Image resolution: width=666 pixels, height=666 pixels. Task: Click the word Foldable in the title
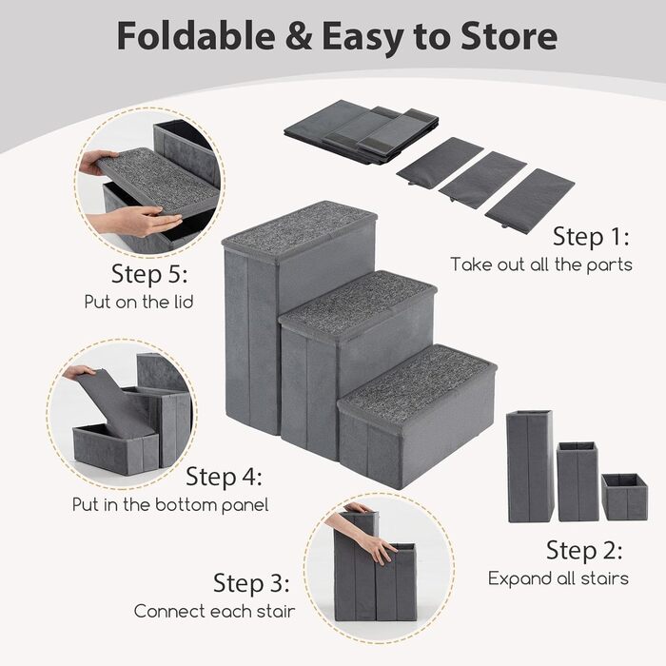[196, 36]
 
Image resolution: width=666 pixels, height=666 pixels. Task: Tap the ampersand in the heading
[298, 36]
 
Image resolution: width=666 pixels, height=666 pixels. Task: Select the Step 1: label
[591, 236]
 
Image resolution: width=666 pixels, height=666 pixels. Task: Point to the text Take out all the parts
[541, 264]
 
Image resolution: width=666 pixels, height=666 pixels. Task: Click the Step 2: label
[584, 550]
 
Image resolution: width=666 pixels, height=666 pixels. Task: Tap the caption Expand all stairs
[558, 578]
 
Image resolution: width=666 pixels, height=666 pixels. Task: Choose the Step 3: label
[251, 582]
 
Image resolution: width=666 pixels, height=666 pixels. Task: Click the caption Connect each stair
[214, 611]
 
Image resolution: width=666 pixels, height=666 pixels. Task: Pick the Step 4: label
[224, 476]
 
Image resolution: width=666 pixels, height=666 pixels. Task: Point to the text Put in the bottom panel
[170, 504]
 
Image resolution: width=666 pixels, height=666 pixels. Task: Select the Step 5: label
[149, 274]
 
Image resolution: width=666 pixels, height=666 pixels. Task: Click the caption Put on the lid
[139, 302]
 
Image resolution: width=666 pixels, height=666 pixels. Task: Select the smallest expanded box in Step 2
[624, 497]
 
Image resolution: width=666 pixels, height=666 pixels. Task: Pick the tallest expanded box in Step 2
[530, 466]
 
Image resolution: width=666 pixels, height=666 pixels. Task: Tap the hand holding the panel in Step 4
[79, 372]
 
